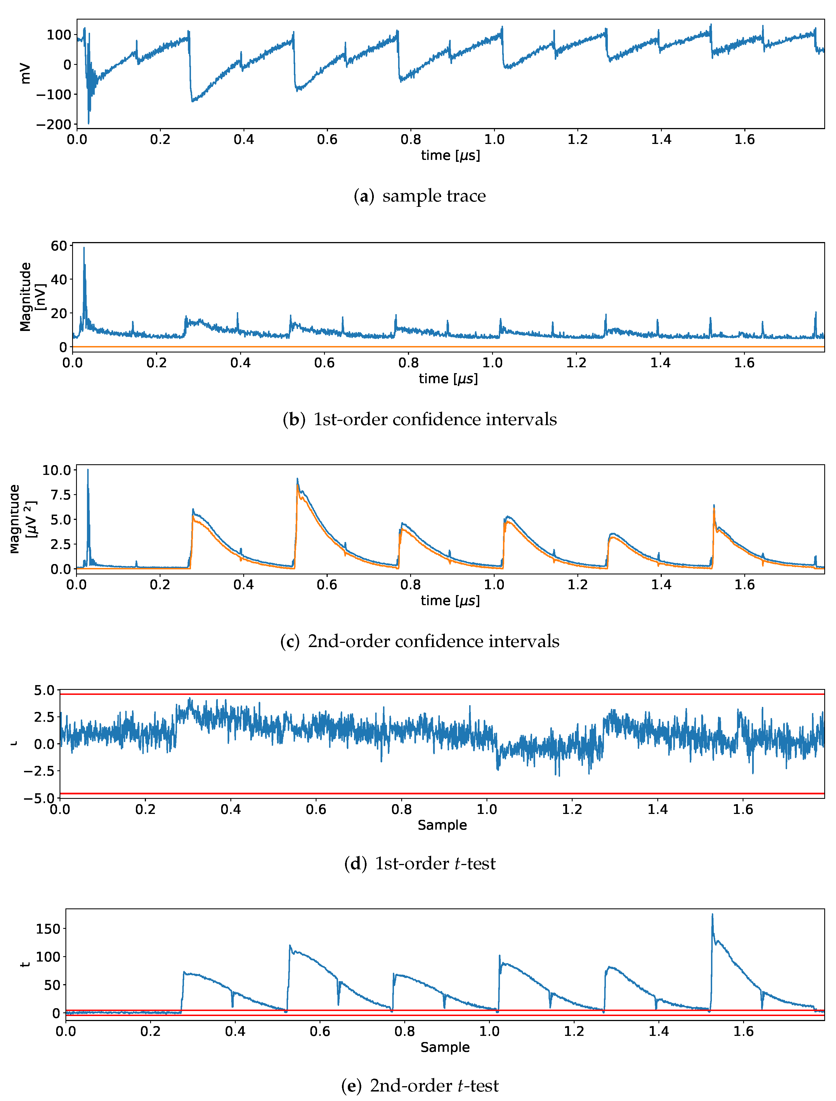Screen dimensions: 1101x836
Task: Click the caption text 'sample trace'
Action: click(434, 196)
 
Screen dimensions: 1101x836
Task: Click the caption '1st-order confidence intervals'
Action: click(434, 420)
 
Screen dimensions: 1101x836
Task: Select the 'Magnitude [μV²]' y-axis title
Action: click(22, 519)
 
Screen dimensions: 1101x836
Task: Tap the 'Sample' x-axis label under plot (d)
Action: click(442, 825)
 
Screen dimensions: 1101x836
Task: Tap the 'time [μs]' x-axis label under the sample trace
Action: click(450, 156)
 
